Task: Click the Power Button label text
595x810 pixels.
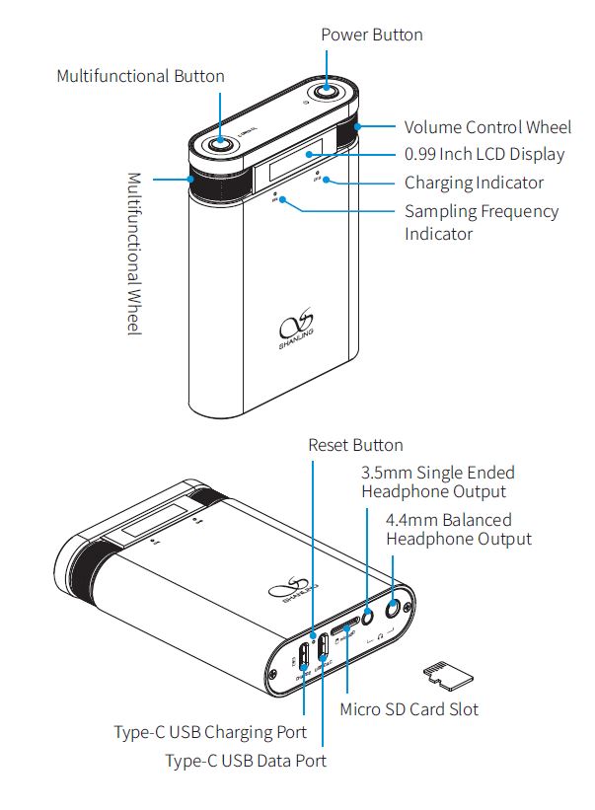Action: [x=372, y=35]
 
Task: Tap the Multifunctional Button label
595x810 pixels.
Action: [x=140, y=76]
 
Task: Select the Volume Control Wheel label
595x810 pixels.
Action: [x=487, y=127]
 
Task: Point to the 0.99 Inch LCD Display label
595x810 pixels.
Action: [x=484, y=155]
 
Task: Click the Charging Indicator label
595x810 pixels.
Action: [x=474, y=183]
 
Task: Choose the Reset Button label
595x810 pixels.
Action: [x=355, y=445]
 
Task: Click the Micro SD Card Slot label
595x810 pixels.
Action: [x=409, y=708]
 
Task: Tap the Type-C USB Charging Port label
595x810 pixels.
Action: [x=210, y=733]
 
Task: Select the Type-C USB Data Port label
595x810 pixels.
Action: [x=245, y=761]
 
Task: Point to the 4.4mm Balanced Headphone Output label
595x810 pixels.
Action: [x=459, y=529]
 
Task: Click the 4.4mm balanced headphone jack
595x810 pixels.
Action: [x=400, y=608]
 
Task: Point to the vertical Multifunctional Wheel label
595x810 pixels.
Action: [x=135, y=254]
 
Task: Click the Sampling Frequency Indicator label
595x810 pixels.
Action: [x=481, y=222]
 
